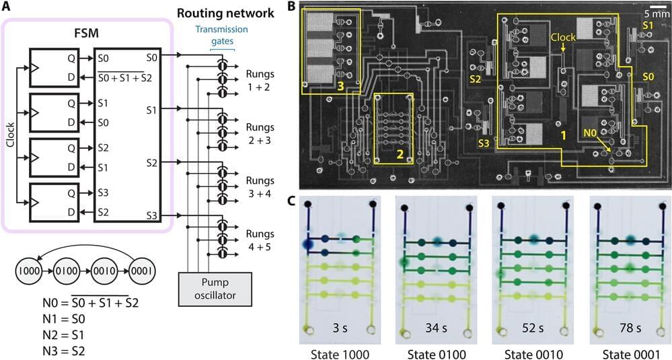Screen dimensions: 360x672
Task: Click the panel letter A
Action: point(6,7)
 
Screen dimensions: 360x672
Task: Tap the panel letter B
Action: point(291,7)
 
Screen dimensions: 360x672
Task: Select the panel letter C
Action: point(291,200)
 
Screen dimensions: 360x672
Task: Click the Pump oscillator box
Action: point(212,287)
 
